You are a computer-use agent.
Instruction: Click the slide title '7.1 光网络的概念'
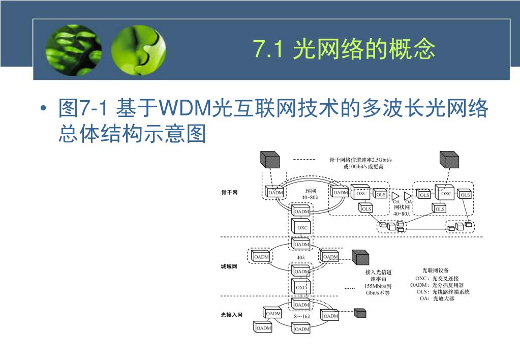click(344, 50)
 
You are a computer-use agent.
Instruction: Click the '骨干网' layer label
click(229, 192)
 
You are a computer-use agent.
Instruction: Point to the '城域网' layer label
click(229, 266)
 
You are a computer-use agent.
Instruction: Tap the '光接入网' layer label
click(231, 315)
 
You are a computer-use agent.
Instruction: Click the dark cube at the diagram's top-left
click(269, 159)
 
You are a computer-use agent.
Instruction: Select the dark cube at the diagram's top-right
click(449, 159)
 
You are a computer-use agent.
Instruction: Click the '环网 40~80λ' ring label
click(310, 194)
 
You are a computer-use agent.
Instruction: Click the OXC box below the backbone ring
click(302, 227)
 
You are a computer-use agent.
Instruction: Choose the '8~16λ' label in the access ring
click(302, 316)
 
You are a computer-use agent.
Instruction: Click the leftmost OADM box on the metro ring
click(261, 257)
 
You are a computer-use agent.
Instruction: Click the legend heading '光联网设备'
click(436, 270)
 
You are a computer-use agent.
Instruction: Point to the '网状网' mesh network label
click(402, 207)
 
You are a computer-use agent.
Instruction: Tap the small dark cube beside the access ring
click(360, 313)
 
